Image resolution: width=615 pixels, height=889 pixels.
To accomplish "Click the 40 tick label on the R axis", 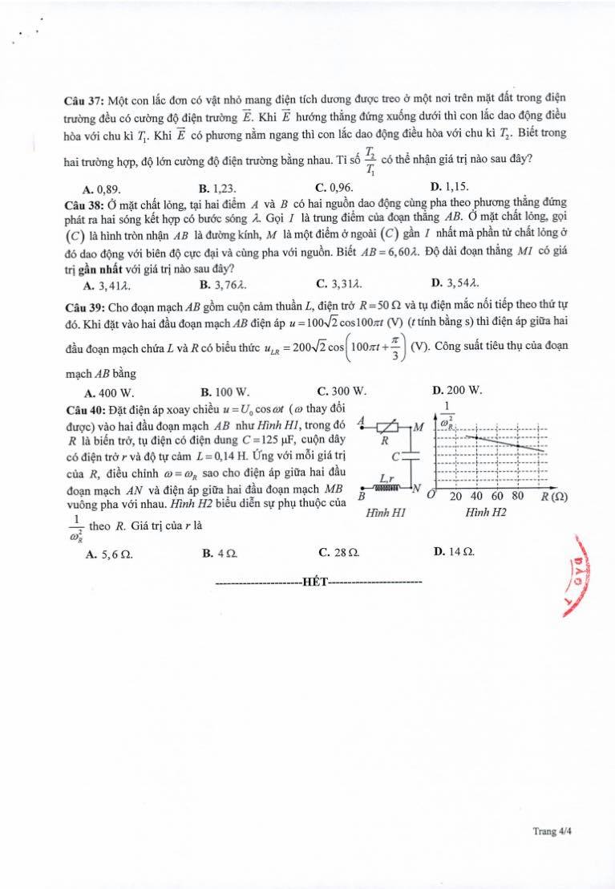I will pyautogui.click(x=477, y=496).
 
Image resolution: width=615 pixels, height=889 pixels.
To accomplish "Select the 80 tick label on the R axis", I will pyautogui.click(x=518, y=496).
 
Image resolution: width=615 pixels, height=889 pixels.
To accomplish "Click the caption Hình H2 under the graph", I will pyautogui.click(x=484, y=512).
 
